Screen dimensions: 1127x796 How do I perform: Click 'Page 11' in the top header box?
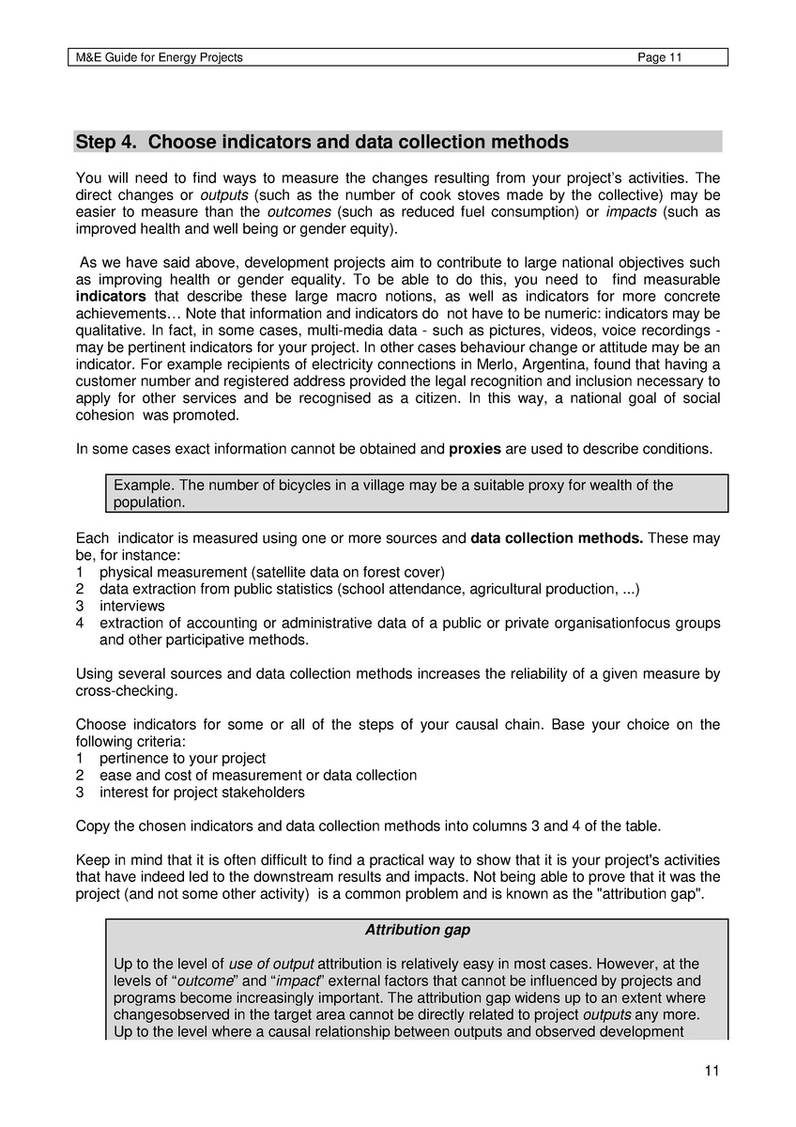659,57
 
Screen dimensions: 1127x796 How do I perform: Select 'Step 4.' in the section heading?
107,142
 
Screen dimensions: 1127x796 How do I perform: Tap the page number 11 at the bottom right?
711,1071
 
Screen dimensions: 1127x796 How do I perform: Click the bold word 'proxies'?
475,449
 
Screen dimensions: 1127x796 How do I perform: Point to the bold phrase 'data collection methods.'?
557,538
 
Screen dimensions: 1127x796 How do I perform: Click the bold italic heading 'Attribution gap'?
417,930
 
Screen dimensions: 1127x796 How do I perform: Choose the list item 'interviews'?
131,606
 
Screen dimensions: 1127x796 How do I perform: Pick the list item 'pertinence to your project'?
182,758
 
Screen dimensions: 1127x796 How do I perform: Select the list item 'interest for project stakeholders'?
202,792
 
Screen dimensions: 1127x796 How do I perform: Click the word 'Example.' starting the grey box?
144,486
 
